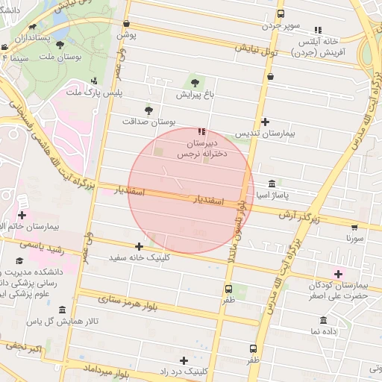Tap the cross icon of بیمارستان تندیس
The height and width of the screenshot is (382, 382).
pyautogui.click(x=266, y=122)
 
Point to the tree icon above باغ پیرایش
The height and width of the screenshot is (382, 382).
pyautogui.click(x=195, y=82)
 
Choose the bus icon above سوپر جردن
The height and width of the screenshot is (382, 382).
pyautogui.click(x=281, y=13)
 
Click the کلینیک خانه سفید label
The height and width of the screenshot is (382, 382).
pyautogui.click(x=139, y=257)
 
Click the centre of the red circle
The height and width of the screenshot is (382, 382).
pyautogui.click(x=191, y=191)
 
